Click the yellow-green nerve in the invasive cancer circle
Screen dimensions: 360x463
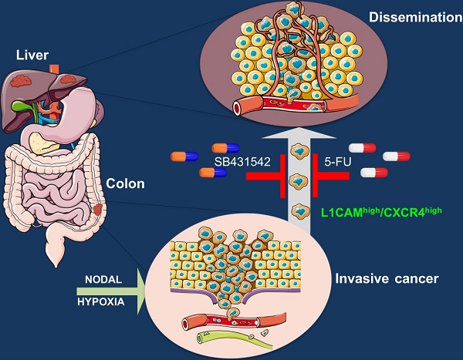231,335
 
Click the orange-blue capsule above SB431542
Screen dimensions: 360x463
226,146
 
